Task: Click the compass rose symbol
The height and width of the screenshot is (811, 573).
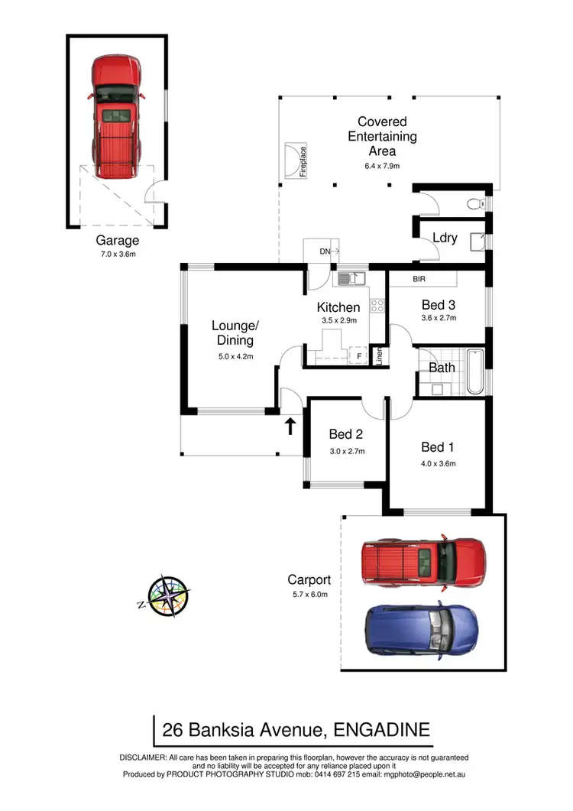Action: [169, 595]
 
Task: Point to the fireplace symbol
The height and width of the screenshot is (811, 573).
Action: [291, 162]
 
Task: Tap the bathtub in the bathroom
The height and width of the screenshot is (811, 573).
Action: [474, 371]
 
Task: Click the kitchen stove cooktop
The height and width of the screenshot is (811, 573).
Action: [377, 306]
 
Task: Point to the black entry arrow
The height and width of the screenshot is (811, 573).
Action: [290, 426]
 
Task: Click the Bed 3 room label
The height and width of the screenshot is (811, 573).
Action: [439, 304]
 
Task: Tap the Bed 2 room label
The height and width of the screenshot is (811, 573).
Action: [347, 434]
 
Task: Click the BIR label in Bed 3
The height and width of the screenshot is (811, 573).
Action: [419, 280]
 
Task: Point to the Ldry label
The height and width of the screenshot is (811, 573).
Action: [445, 238]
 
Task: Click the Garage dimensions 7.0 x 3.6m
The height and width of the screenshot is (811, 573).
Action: [117, 255]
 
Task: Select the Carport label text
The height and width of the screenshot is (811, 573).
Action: [308, 579]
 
